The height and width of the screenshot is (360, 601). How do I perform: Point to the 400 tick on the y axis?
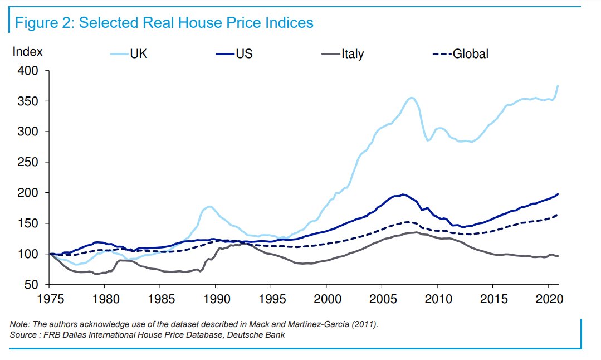click(x=28, y=71)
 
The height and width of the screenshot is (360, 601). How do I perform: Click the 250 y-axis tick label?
click(x=28, y=163)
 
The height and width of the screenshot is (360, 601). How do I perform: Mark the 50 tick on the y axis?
click(x=31, y=285)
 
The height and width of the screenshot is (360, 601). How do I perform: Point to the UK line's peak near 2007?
click(x=411, y=98)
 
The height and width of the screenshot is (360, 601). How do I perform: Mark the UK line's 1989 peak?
click(x=209, y=206)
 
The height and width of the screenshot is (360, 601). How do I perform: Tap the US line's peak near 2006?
click(x=402, y=194)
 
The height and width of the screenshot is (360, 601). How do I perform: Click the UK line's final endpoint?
click(x=558, y=85)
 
